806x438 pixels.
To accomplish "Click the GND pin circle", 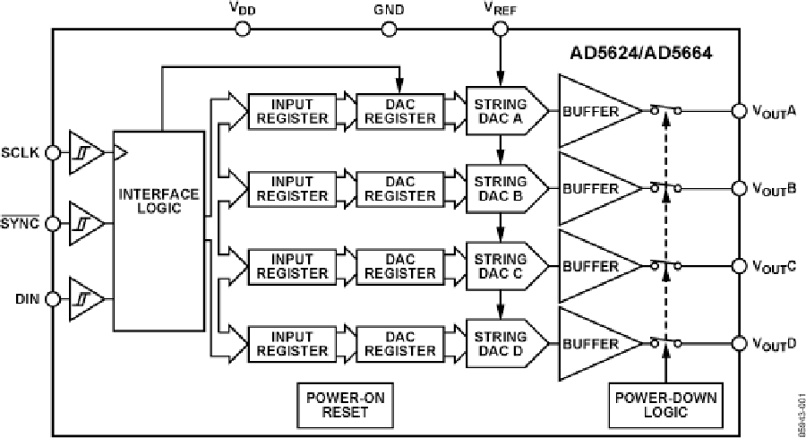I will [x=390, y=29].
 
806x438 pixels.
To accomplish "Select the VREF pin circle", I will [x=499, y=29].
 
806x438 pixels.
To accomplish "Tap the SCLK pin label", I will [x=21, y=152].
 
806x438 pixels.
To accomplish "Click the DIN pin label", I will [x=25, y=298].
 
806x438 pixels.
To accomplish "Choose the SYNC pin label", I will [x=21, y=224].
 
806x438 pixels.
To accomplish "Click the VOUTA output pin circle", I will [x=739, y=111].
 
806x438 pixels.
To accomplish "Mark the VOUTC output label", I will [x=772, y=267].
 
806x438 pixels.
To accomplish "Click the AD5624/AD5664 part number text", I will [x=641, y=55].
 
